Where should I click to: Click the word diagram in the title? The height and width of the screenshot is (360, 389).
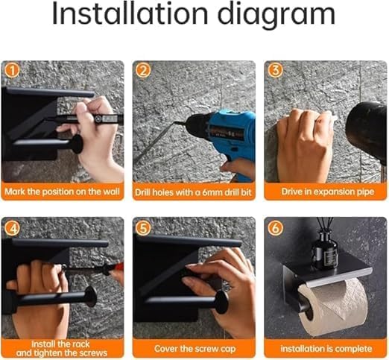277,16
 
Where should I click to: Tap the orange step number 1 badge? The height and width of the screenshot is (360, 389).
12,71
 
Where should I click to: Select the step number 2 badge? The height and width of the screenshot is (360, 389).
143,71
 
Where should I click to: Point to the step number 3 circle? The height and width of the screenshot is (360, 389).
275,71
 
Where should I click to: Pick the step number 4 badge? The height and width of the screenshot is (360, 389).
12,228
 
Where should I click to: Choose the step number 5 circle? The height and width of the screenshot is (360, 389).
143,228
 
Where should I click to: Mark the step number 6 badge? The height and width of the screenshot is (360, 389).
275,228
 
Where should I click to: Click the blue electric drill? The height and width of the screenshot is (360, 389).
221,140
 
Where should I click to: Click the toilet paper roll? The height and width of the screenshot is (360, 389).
333,307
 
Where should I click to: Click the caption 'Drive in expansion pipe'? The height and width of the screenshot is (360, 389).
327,192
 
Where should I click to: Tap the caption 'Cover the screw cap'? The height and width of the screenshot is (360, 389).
194,349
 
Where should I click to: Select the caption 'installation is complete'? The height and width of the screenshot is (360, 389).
326,349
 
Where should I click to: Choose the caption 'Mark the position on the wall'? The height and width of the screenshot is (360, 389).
62,192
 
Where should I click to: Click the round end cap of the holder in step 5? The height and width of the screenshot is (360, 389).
221,302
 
